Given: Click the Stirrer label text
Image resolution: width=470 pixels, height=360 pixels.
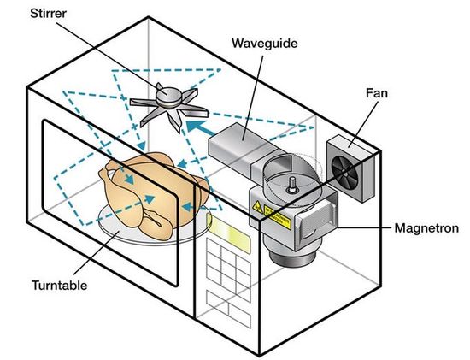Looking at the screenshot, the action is click(48, 13).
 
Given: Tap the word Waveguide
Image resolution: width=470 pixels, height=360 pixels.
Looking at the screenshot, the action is click(265, 44).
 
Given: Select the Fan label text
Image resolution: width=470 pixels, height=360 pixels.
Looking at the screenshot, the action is click(377, 93).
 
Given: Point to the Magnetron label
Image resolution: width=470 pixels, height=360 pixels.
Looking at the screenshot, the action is click(426, 228).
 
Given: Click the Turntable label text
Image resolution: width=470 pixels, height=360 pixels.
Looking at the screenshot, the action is click(59, 285).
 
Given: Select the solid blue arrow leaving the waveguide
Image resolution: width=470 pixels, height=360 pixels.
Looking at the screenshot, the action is click(200, 128).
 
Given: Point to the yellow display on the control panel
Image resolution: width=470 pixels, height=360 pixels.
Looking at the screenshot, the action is click(229, 235).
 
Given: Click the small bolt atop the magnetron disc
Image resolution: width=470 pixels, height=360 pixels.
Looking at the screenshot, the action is click(291, 185).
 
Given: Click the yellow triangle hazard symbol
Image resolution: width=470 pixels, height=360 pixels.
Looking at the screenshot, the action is click(257, 207).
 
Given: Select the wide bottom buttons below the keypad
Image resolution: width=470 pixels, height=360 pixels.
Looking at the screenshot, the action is click(228, 309).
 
